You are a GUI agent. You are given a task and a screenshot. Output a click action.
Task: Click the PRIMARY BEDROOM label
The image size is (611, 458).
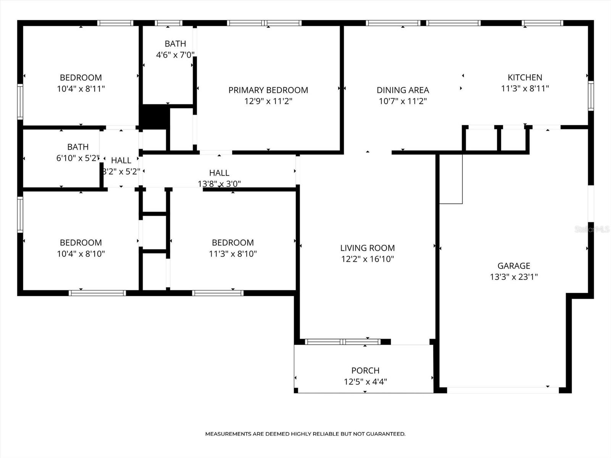(268, 90)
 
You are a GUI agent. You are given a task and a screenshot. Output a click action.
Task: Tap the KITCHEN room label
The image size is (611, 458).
(525, 77)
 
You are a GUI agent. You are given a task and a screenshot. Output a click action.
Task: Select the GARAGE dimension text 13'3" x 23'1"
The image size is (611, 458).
(514, 277)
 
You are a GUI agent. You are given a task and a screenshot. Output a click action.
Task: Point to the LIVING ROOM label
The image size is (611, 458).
(367, 248)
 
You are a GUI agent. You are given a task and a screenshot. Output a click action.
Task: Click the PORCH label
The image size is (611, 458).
(365, 371)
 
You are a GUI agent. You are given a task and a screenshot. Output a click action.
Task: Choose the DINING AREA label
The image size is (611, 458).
(402, 90)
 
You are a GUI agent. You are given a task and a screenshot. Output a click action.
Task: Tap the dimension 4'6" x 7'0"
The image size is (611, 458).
(175, 55)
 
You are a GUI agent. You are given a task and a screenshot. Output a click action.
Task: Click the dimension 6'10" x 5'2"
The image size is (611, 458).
(78, 158)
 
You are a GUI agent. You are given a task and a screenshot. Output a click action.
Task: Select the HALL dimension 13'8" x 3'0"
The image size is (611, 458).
(219, 184)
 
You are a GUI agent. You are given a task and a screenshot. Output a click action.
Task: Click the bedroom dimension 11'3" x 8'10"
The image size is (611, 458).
(233, 254)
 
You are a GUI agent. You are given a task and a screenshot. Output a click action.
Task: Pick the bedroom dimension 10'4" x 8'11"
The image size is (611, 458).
(81, 89)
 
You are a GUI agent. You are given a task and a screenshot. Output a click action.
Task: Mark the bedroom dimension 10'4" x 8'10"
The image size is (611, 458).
(81, 254)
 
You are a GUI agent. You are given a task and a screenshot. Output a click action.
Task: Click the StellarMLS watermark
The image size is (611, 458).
(592, 229)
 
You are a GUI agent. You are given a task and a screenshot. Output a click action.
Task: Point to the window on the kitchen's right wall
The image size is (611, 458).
(591, 96)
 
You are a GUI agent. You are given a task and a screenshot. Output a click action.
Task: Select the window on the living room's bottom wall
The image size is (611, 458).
(343, 342)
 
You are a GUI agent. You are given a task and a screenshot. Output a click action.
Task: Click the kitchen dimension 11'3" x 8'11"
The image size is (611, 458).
(525, 89)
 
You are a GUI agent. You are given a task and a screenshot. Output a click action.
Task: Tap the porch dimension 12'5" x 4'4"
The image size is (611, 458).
(365, 382)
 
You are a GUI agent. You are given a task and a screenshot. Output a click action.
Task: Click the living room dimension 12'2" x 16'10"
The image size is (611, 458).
(367, 259)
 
